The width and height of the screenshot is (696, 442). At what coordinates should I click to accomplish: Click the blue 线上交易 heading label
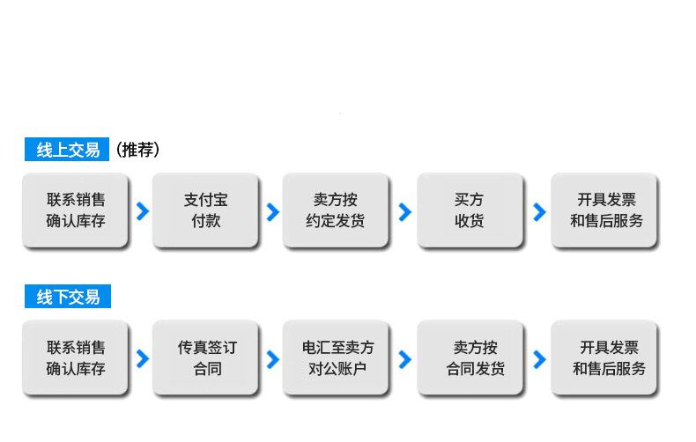[67, 150]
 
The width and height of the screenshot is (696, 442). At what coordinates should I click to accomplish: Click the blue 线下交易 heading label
[68, 297]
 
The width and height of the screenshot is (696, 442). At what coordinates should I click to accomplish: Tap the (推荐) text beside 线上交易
[138, 150]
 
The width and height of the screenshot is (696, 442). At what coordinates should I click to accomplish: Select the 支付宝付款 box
[205, 210]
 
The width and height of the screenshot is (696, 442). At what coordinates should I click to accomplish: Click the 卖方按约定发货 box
[336, 210]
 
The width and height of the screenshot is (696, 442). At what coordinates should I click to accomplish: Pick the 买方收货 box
[470, 210]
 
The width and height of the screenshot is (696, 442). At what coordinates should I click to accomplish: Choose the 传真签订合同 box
[205, 357]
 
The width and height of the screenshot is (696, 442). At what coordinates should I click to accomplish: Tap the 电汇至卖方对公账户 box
[336, 357]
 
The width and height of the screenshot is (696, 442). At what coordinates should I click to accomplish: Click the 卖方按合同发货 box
[470, 357]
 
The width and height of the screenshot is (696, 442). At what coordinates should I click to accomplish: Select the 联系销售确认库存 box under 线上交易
[76, 210]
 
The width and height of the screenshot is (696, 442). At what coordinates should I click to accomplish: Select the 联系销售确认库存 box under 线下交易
[76, 357]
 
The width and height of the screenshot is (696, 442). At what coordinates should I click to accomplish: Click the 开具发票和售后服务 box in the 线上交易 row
[604, 210]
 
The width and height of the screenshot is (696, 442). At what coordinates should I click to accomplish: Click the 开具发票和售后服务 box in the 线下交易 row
[604, 357]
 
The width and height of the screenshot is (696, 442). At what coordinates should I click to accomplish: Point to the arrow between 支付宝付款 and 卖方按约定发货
[274, 211]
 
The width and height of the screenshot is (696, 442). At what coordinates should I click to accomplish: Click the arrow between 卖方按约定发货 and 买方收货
[405, 211]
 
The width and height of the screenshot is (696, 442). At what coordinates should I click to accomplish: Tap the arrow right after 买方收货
[540, 211]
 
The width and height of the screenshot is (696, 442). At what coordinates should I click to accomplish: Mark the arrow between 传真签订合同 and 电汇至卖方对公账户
[274, 359]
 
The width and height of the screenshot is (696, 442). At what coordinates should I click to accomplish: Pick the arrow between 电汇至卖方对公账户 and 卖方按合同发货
[405, 359]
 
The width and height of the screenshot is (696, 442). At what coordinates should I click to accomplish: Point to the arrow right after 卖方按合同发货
[540, 359]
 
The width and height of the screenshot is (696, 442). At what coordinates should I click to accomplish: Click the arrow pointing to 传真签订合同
[144, 359]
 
